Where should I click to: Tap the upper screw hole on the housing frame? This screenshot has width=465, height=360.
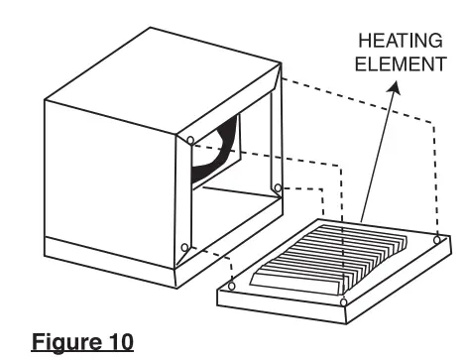pyautogui.click(x=190, y=141)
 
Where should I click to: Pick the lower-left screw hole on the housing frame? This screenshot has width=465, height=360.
pyautogui.click(x=185, y=248)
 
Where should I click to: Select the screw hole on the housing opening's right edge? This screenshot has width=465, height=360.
pyautogui.click(x=279, y=187)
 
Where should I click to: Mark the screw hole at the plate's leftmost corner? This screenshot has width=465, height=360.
pyautogui.click(x=231, y=287)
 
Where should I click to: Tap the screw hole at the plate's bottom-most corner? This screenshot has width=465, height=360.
pyautogui.click(x=342, y=300)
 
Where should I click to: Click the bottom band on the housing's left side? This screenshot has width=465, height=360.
pyautogui.click(x=109, y=263)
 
